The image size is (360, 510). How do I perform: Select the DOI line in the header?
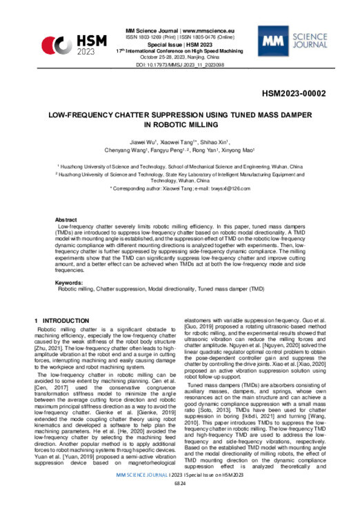[180, 63]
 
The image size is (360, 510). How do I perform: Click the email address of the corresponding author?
[225, 188]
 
